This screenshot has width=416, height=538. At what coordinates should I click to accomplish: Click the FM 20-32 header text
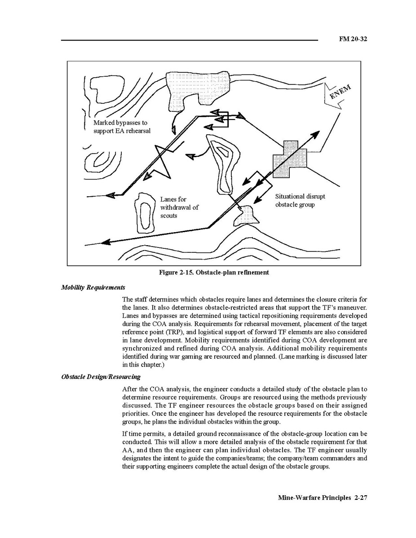tap(353, 39)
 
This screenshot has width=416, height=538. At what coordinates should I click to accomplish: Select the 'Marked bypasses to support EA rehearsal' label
tap(122, 127)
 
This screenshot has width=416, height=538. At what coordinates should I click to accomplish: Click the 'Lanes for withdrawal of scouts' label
tap(179, 207)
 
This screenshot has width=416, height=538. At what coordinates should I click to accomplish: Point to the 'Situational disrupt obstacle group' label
tap(300, 201)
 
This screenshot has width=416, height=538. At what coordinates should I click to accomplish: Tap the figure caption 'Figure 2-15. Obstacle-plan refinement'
tap(214, 273)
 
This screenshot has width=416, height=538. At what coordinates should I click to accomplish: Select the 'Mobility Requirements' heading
tap(93, 287)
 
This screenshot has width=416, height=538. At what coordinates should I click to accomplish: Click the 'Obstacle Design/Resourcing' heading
tap(101, 377)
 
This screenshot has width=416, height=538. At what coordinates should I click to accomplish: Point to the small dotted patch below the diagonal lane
tap(246, 215)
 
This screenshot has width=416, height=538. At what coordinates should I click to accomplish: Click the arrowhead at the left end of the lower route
tap(106, 242)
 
